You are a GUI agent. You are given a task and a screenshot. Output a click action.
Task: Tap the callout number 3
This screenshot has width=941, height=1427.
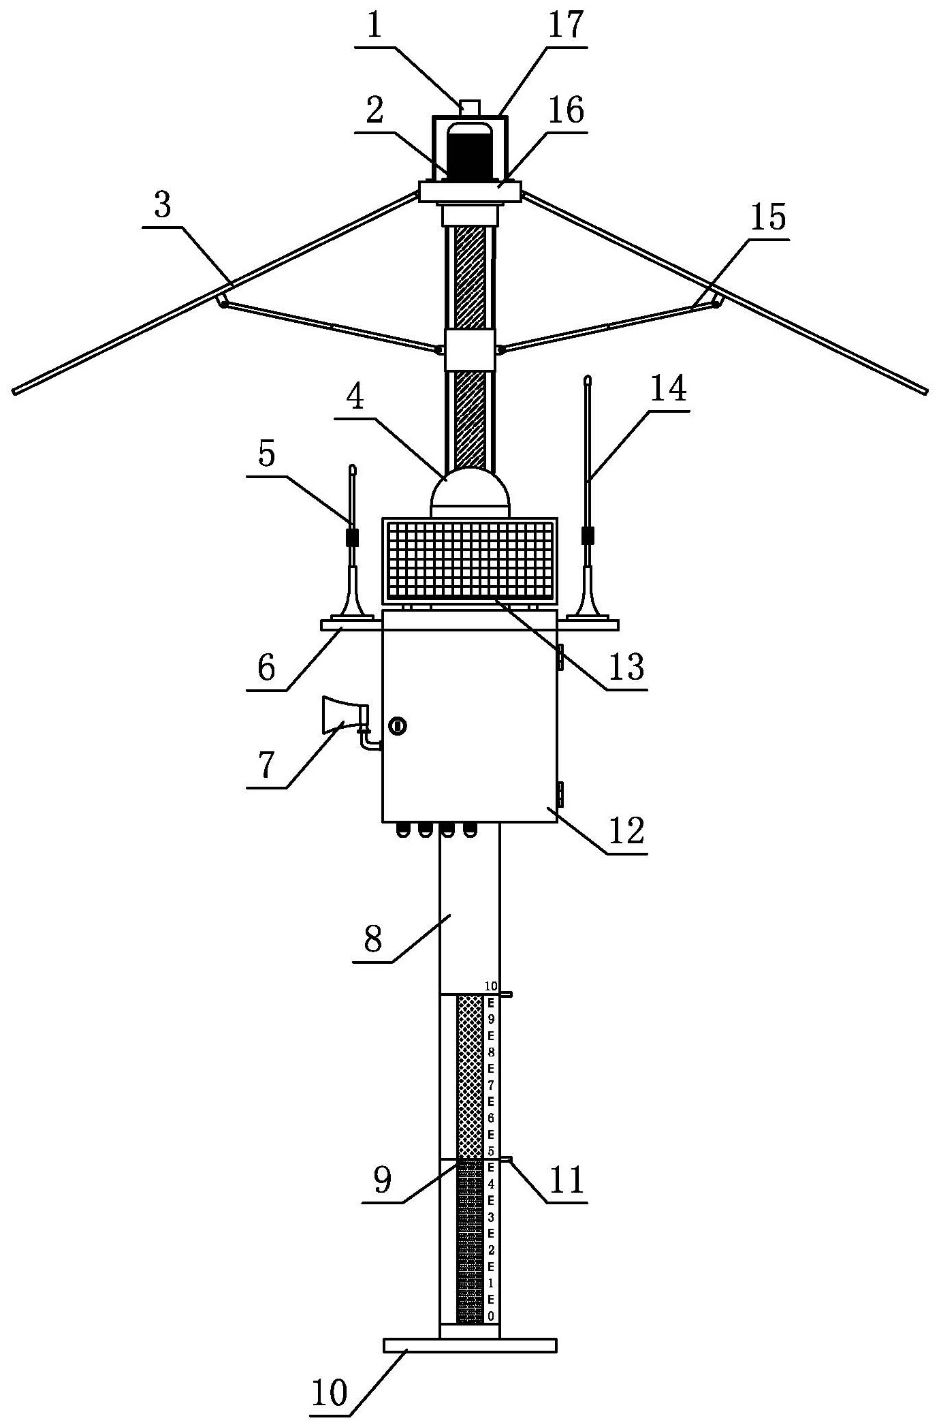pos(163,205)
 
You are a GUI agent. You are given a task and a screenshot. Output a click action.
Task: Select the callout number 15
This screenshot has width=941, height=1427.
pos(768,217)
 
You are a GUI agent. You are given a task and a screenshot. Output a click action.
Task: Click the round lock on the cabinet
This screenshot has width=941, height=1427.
pos(397,726)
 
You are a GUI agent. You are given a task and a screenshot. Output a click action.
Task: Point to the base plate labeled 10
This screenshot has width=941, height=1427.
pos(470,1345)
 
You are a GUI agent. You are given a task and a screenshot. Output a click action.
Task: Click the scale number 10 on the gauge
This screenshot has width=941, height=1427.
pos(492,986)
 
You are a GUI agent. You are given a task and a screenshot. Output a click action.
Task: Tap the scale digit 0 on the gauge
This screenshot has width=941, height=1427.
pos(491,1316)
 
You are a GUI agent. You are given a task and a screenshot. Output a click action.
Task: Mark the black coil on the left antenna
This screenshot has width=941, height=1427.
pos(352,537)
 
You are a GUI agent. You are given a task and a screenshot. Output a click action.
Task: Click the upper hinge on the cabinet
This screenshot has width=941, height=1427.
pos(560,657)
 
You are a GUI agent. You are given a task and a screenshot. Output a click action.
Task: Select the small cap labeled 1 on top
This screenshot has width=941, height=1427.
pos(470,107)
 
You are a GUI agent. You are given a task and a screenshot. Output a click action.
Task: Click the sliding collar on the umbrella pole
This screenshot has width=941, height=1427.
pos(470,349)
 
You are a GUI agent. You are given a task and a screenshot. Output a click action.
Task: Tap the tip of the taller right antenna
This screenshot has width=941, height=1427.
pos(588,379)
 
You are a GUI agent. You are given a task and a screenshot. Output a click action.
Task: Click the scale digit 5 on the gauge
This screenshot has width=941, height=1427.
pos(491,1151)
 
